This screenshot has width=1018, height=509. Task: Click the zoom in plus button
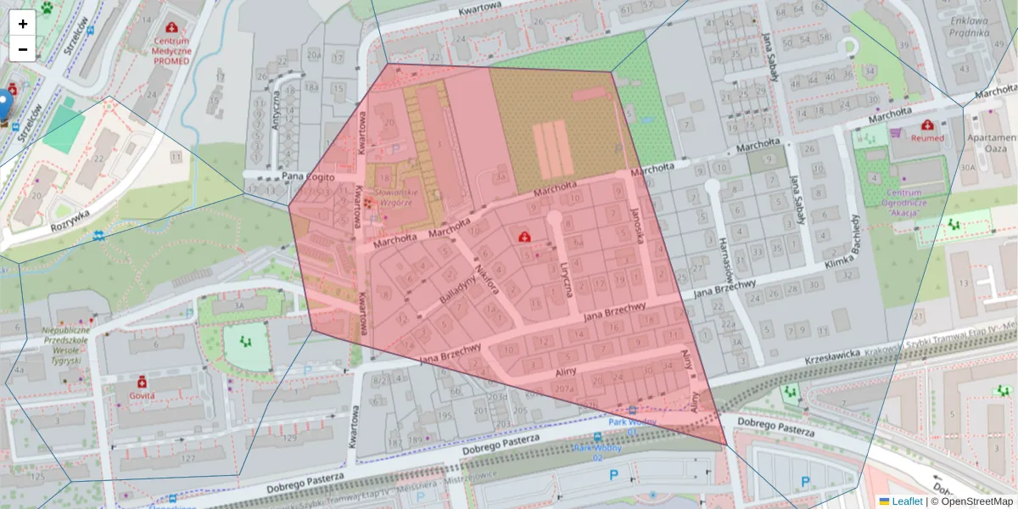pyautogui.click(x=22, y=24)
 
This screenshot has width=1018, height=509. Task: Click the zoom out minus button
pyautogui.click(x=22, y=49)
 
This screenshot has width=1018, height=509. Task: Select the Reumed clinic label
pyautogui.click(x=927, y=137)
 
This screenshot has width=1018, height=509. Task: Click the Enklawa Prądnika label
pyautogui.click(x=969, y=26)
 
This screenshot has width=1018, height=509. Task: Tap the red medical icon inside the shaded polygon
pyautogui.click(x=525, y=235)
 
